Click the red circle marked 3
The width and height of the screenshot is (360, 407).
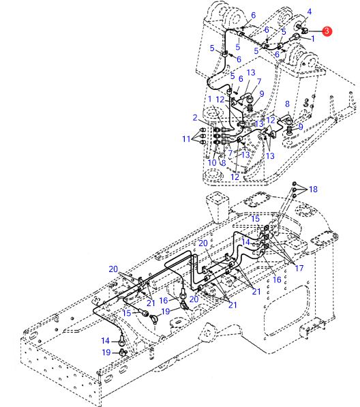327,31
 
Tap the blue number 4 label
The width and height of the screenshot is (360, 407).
309,12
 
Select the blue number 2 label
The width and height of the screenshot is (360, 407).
195,117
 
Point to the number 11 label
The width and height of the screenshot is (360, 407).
186,139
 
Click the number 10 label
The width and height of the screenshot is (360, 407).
212,163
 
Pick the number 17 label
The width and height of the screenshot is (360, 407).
299,268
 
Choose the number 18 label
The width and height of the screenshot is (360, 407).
313,190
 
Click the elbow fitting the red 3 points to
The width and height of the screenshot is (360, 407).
305,31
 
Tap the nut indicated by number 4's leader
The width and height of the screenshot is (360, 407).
299,26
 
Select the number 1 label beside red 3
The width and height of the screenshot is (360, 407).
313,39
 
